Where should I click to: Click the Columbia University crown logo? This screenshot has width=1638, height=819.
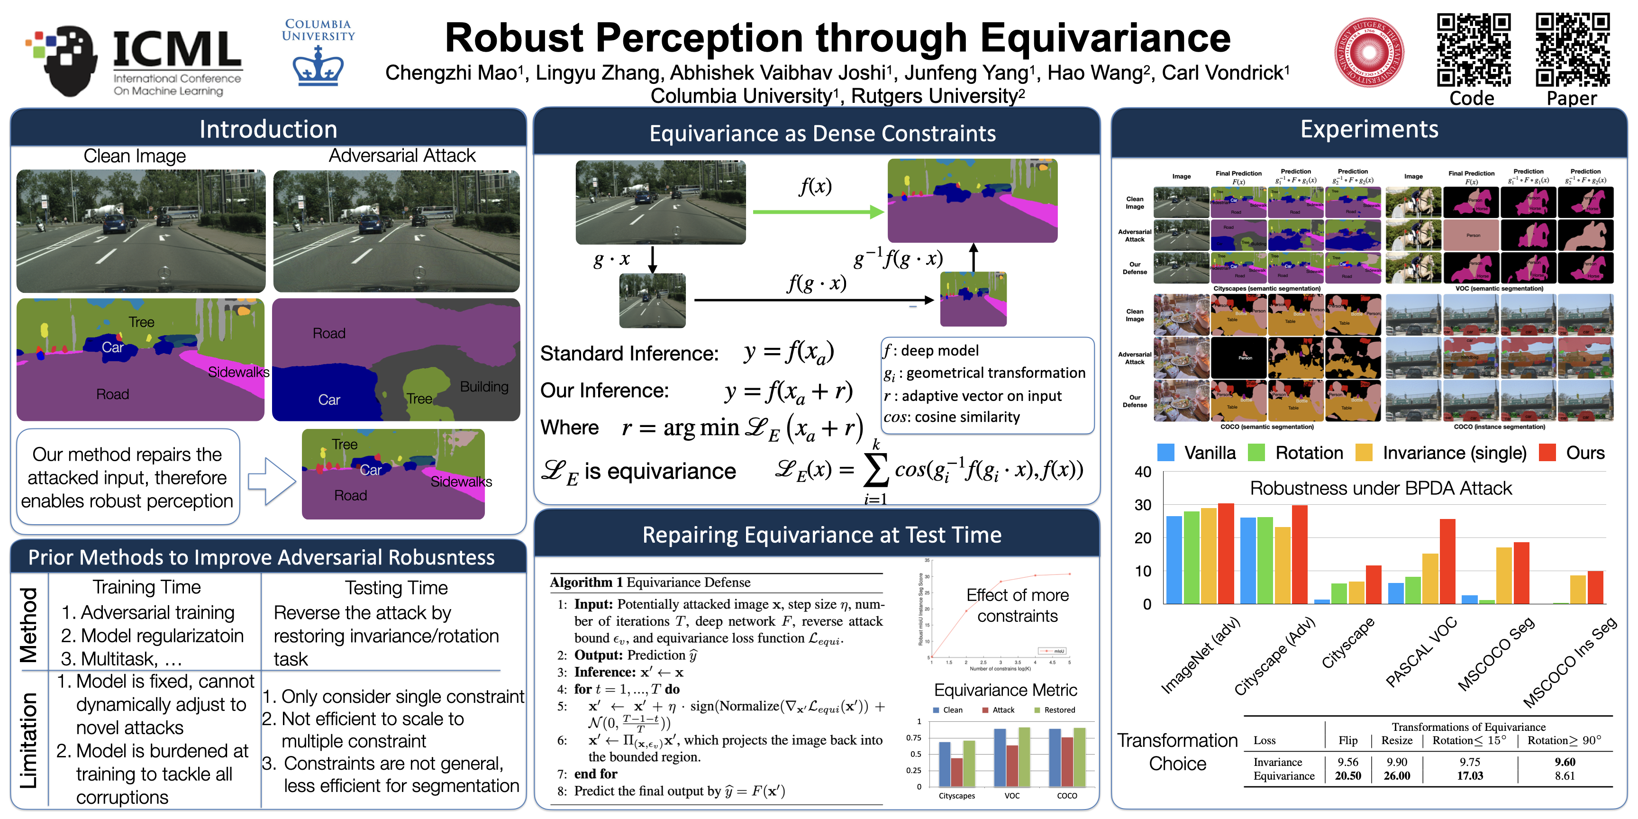tap(318, 69)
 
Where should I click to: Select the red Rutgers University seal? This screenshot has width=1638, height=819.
tap(1368, 52)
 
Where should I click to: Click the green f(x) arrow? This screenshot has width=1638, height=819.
tap(818, 212)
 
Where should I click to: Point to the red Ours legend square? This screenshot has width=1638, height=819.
tap(1547, 453)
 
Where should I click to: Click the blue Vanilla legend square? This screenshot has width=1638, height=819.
tap(1165, 453)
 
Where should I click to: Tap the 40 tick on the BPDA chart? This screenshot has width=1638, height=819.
tap(1143, 472)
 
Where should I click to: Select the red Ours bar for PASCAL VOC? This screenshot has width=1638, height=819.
tap(1447, 561)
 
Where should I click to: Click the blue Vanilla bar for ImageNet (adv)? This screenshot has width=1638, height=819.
tap(1174, 560)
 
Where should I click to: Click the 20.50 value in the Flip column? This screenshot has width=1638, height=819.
tap(1347, 776)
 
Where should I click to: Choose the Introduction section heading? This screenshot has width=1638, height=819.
tap(268, 129)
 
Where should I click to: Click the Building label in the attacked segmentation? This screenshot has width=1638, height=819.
tap(484, 387)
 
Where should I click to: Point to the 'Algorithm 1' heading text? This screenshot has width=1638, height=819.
tap(586, 582)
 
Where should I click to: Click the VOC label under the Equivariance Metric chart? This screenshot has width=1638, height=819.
tap(1012, 795)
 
